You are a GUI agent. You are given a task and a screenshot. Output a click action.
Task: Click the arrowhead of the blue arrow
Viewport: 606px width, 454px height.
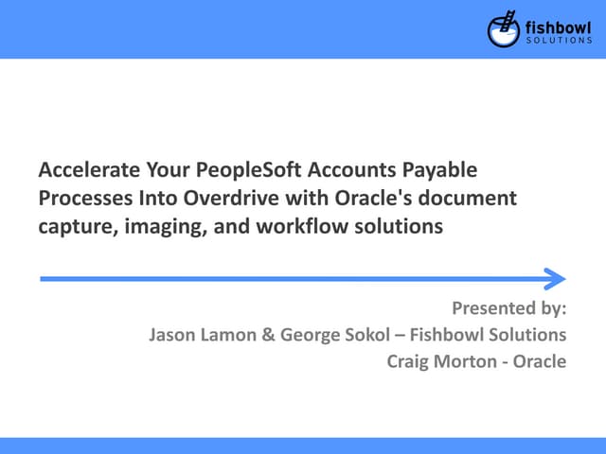[555, 278]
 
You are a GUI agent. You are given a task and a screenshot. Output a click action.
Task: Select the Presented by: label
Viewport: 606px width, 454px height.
[508, 308]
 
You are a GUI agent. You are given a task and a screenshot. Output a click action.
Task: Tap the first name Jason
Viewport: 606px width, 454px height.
[171, 335]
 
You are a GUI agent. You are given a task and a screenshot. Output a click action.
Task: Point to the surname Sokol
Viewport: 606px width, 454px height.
[345, 335]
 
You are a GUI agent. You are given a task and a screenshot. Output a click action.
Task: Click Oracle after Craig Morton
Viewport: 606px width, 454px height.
[540, 360]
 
